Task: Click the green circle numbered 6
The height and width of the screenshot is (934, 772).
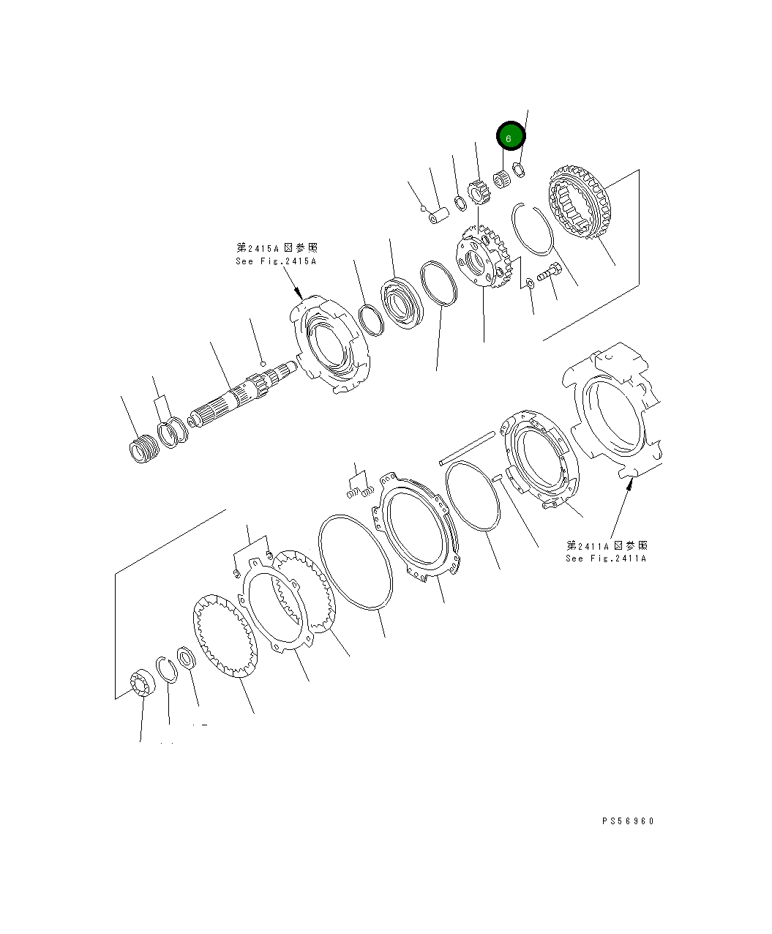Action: tap(511, 137)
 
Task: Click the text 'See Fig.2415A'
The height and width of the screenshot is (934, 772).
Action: tap(276, 261)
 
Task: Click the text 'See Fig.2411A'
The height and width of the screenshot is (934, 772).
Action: tap(606, 558)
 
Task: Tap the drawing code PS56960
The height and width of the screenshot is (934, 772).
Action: tap(628, 821)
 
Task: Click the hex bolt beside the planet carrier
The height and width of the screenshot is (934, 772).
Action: tap(549, 274)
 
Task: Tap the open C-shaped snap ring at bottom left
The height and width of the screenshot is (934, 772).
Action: tap(166, 669)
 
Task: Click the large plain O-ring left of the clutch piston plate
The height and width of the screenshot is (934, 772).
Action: tap(355, 561)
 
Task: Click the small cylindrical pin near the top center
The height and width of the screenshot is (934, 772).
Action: tap(439, 217)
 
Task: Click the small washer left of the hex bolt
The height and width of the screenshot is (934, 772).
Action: tap(530, 283)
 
